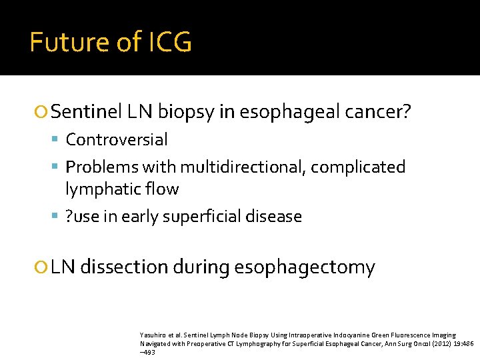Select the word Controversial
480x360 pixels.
pos(117,140)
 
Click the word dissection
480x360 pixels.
pos(123,267)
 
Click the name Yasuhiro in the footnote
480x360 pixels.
pos(153,335)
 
